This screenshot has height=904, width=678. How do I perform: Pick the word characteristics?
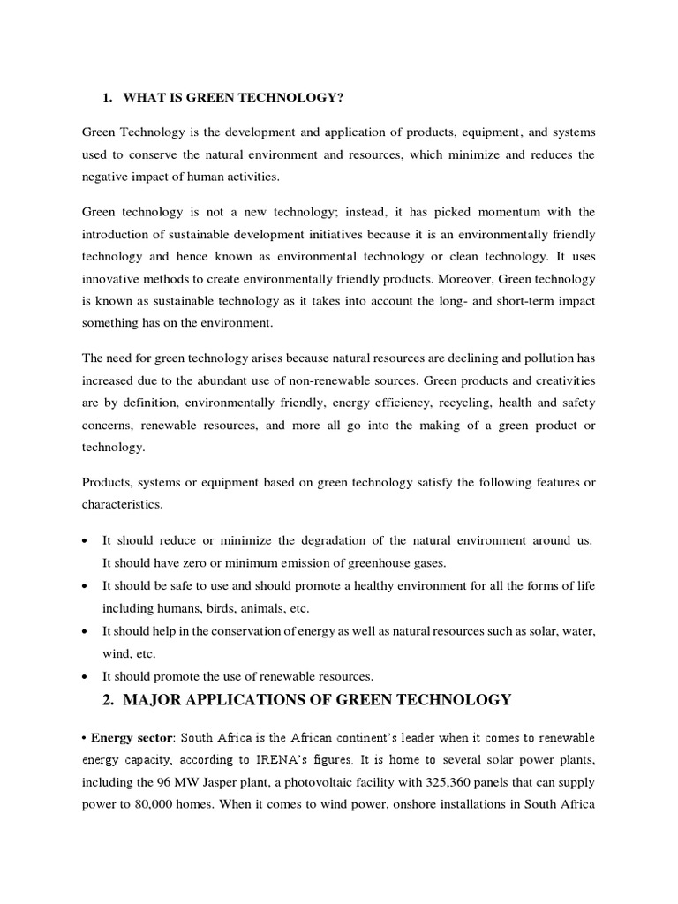coord(124,505)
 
